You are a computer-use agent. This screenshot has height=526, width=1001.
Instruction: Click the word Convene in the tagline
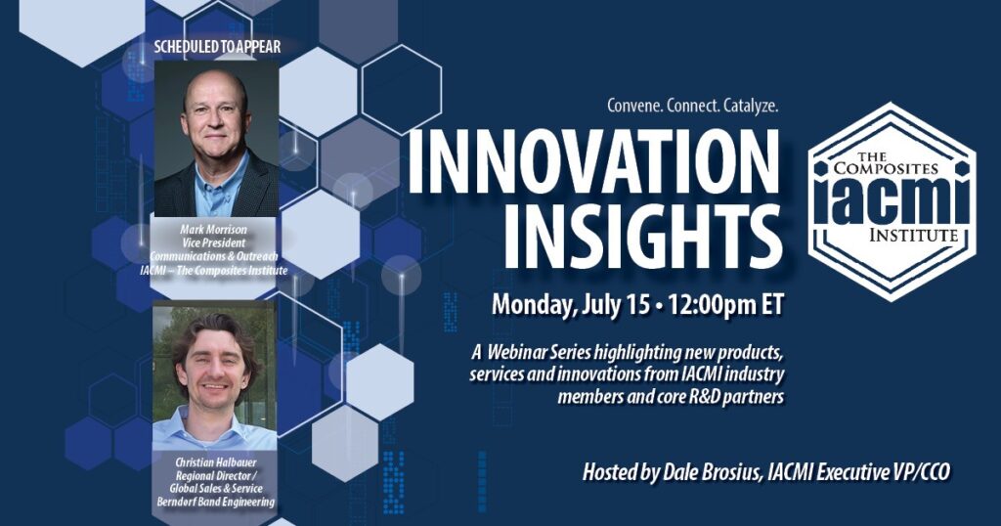[633, 107]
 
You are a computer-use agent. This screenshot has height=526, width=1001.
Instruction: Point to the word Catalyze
[751, 107]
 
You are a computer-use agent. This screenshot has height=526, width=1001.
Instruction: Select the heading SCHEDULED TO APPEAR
[217, 47]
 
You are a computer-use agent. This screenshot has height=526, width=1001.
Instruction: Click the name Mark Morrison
[213, 229]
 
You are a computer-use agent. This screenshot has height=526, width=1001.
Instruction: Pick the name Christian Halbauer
[215, 462]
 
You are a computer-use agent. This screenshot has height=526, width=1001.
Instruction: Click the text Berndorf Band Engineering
[216, 502]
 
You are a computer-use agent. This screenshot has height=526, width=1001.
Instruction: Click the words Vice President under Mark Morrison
[213, 242]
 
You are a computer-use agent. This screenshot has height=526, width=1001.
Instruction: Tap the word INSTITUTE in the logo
[913, 236]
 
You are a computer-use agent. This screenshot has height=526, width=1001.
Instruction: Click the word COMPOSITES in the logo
[886, 168]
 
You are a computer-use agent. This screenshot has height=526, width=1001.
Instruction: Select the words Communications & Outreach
[214, 256]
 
